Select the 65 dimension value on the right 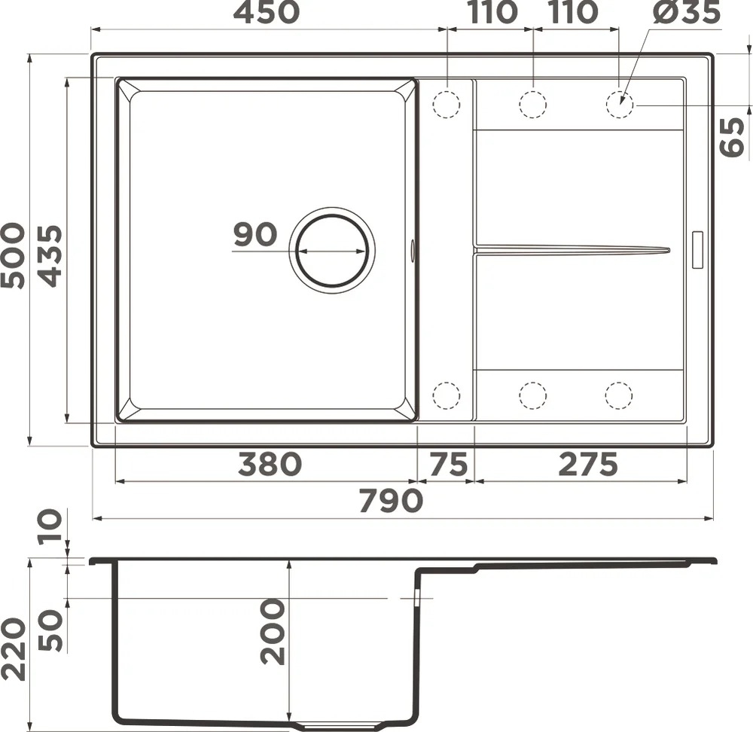coord(733,137)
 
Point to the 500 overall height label coord(13,255)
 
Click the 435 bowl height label coord(50,256)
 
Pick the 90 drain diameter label coord(255,234)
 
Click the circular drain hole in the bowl coord(332,250)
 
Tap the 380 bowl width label coord(270,465)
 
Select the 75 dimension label coord(448,465)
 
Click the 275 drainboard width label coord(588,465)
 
